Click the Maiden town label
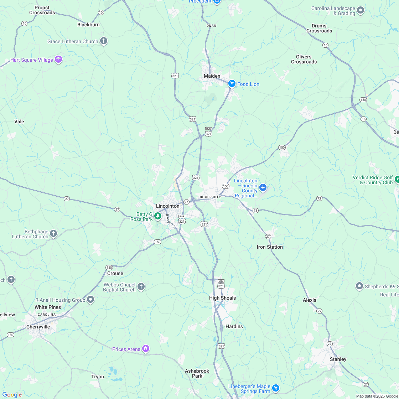(212, 76)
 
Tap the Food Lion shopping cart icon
(232, 84)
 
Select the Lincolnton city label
(168, 206)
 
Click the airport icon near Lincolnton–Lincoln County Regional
(263, 187)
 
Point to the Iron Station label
(270, 247)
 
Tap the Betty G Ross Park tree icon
(157, 216)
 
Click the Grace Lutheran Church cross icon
(104, 41)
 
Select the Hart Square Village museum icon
(58, 59)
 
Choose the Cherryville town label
(38, 327)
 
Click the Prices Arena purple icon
(145, 348)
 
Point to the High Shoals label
(222, 298)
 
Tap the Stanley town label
(338, 359)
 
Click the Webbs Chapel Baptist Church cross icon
(141, 287)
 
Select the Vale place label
(19, 121)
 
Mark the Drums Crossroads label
(319, 28)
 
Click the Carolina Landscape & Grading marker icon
(361, 10)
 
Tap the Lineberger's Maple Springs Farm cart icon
(275, 388)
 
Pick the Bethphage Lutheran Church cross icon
(53, 234)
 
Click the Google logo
(12, 394)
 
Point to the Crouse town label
(115, 273)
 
